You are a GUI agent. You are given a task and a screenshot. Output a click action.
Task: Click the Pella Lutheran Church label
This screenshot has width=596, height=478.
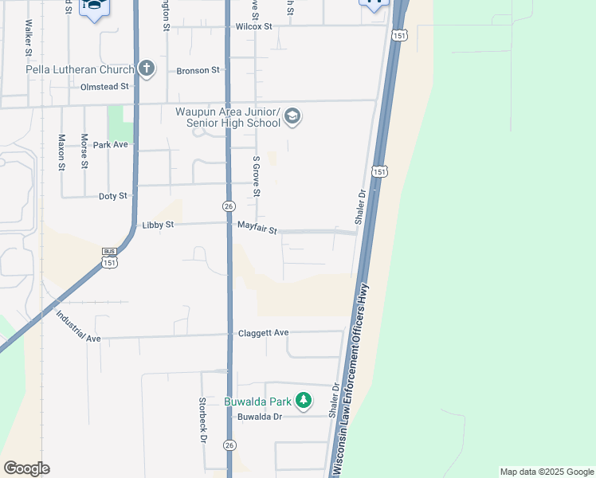(80, 69)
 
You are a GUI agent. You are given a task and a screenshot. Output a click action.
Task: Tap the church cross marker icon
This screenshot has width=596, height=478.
(146, 69)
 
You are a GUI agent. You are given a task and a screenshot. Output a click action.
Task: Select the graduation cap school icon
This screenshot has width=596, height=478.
(292, 117)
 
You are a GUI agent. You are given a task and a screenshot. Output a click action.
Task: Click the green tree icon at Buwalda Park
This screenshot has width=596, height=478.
(303, 400)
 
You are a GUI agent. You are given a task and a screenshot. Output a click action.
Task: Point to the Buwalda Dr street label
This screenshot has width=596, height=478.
(260, 417)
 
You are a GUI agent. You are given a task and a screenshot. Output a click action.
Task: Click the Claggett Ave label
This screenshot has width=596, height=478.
(263, 333)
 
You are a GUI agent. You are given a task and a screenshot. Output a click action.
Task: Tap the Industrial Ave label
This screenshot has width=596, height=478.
(78, 326)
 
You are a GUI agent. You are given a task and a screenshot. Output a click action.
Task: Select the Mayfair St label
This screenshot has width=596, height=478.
(257, 229)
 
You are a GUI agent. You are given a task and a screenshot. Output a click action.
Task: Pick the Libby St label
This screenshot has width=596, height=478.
(157, 225)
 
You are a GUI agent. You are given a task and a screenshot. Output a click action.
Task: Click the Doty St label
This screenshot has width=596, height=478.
(112, 196)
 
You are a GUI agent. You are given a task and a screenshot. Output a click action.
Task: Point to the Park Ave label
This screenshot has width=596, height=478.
(110, 145)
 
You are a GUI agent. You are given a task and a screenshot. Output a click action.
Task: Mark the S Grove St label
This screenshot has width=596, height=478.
(257, 176)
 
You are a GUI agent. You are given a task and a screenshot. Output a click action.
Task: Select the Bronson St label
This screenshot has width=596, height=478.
(198, 70)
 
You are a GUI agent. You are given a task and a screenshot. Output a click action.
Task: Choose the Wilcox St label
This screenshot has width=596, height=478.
(254, 26)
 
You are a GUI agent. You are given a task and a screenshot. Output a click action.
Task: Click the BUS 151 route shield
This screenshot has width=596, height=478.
(110, 257)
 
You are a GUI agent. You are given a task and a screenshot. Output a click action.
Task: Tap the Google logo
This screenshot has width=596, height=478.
(26, 468)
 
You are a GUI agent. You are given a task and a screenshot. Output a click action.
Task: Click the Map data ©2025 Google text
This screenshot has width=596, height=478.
(546, 472)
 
